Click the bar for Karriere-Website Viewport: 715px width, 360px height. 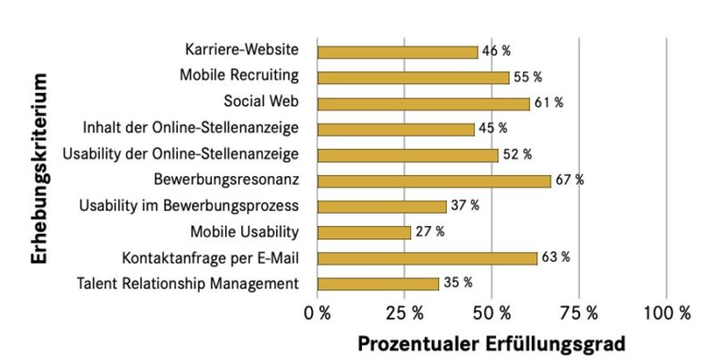pyautogui.click(x=398, y=52)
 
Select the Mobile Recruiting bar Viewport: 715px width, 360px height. pyautogui.click(x=413, y=78)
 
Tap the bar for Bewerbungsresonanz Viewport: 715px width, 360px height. pyautogui.click(x=434, y=180)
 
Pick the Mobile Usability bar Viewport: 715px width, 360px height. pyautogui.click(x=364, y=232)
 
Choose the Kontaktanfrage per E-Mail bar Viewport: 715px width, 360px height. pyautogui.click(x=427, y=258)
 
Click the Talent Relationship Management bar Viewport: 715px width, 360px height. pyautogui.click(x=378, y=284)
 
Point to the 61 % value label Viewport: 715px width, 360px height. pyautogui.click(x=549, y=103)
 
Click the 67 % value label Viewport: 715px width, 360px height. pyautogui.click(x=569, y=180)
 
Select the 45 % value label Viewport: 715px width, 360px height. pyautogui.click(x=492, y=129)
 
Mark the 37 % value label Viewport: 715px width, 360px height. pyautogui.click(x=465, y=206)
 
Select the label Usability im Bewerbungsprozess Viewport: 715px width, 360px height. pyautogui.click(x=189, y=206)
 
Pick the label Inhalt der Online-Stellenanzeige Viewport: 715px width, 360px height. pyautogui.click(x=190, y=129)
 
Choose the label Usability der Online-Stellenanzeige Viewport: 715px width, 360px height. pyautogui.click(x=181, y=155)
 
